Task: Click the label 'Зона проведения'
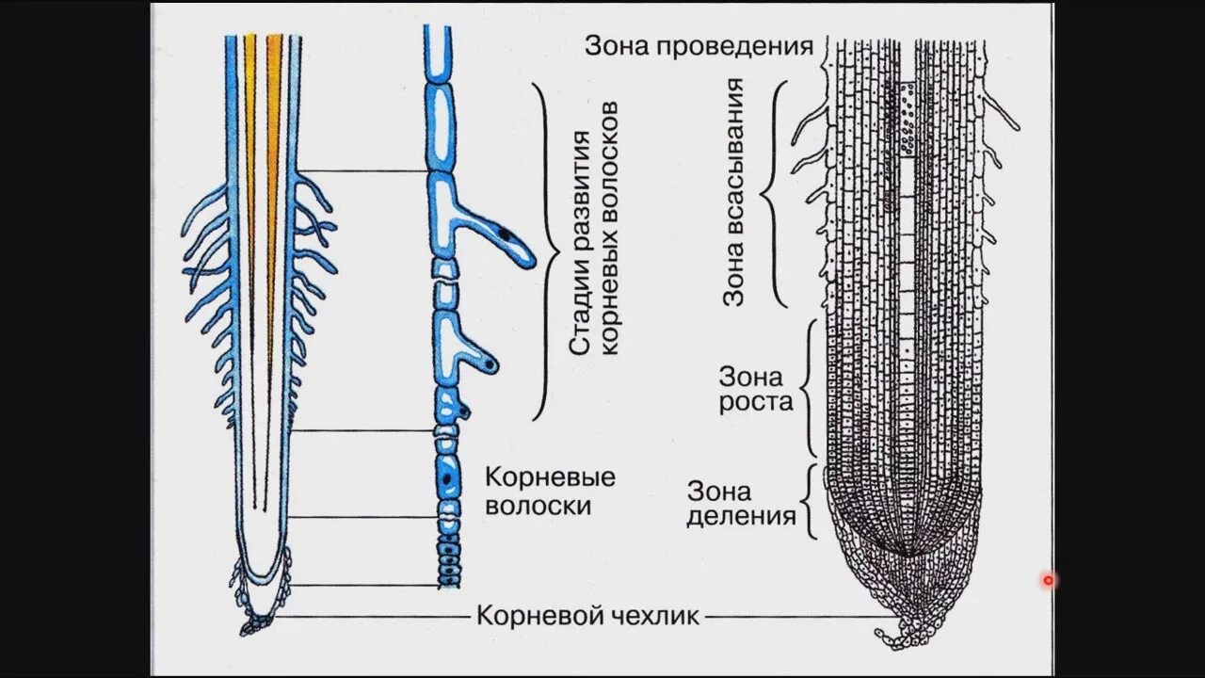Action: tap(698, 46)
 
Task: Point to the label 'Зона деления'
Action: tap(741, 504)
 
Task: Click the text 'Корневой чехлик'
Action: tap(587, 617)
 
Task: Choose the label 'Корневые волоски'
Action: tap(549, 491)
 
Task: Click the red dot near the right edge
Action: tap(1048, 581)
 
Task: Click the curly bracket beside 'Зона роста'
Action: tap(809, 389)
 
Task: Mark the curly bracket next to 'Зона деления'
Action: tap(808, 501)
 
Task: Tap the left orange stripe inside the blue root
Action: tap(249, 141)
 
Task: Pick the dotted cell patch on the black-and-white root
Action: tap(907, 118)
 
